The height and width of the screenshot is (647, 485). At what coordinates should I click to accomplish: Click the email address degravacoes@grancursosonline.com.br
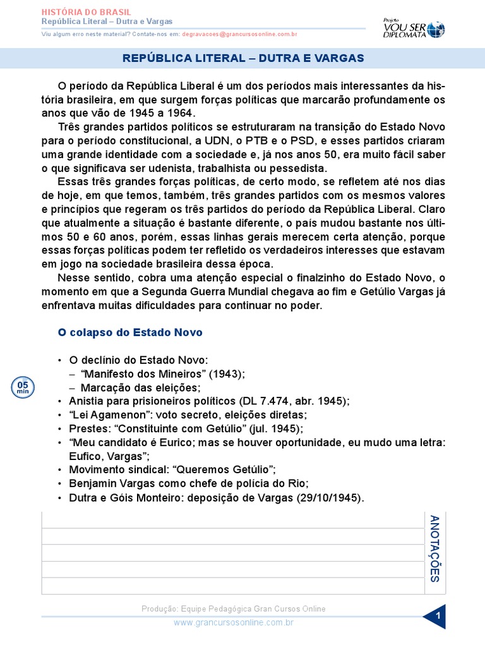pyautogui.click(x=239, y=34)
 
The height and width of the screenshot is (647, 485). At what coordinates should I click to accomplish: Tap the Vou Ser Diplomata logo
pyautogui.click(x=414, y=27)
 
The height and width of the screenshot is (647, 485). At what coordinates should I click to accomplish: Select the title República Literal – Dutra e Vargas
pyautogui.click(x=243, y=58)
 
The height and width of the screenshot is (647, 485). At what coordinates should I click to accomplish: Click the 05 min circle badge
pyautogui.click(x=23, y=387)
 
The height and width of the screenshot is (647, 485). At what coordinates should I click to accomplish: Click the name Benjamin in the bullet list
pyautogui.click(x=95, y=484)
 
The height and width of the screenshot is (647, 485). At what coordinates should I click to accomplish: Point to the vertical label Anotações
pyautogui.click(x=434, y=548)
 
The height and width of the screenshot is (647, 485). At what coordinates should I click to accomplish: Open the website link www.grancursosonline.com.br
pyautogui.click(x=234, y=622)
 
